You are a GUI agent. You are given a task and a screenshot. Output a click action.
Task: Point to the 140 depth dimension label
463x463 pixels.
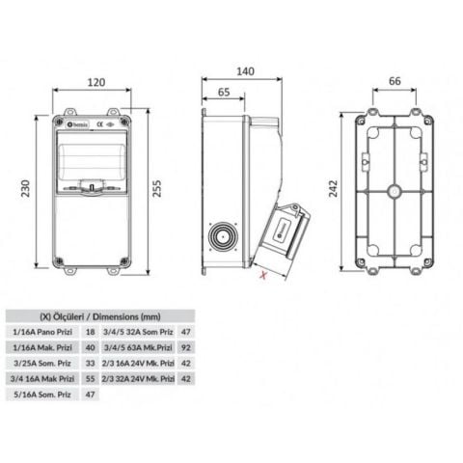(245, 70)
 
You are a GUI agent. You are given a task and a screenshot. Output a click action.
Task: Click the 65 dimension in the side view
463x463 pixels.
(223, 94)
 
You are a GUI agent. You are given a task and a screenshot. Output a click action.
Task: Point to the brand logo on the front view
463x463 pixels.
(80, 123)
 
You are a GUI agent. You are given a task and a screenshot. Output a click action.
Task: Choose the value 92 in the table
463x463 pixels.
(184, 346)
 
